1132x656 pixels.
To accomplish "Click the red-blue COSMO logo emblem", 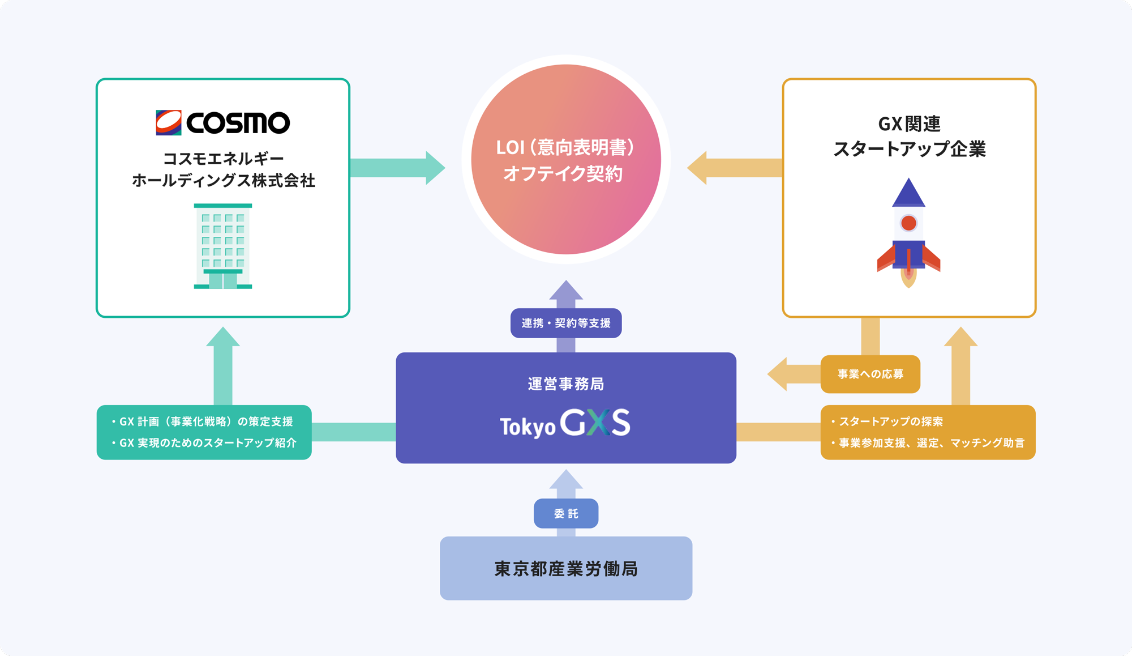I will point(169,122).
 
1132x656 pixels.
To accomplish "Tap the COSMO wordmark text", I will point(238,123).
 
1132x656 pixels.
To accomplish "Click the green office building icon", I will point(223,246).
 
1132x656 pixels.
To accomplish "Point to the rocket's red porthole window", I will point(908,223).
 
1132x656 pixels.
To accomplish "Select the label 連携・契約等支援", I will point(566,323).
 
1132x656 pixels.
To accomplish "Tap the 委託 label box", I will point(566,513).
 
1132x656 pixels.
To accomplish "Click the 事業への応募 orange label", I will point(870,374).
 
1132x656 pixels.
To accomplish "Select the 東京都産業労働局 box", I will point(566,568).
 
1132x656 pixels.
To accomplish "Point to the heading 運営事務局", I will point(566,384).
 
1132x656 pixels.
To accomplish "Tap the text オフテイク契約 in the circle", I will point(563,173).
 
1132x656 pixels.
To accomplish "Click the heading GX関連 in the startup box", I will point(909,123).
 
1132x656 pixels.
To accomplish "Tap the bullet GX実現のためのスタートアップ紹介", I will point(204,442).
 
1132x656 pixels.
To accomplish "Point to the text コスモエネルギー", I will point(223,158).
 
